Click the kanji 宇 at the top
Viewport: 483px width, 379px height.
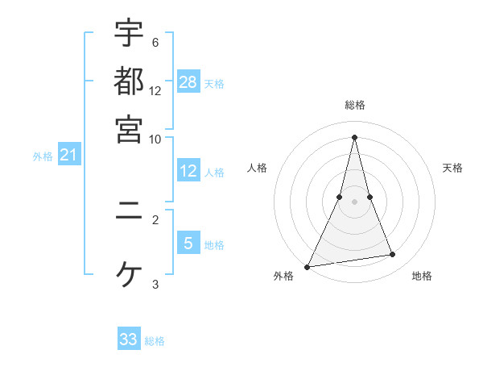[x=129, y=35]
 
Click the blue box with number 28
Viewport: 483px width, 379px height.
[x=188, y=81]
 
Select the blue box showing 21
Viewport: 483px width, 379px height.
[x=68, y=154]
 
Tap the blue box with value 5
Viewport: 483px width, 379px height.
[x=188, y=243]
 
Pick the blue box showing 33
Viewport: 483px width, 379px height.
[x=129, y=339]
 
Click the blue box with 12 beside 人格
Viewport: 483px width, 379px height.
[x=188, y=171]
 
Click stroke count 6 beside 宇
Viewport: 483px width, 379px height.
[x=155, y=43]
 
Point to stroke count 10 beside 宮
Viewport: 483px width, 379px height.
[x=155, y=138]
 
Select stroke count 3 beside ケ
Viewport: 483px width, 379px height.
[x=155, y=284]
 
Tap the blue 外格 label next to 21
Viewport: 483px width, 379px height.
[x=42, y=156]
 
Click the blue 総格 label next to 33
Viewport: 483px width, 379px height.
[x=155, y=342]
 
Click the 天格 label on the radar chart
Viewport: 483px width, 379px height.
[x=453, y=168]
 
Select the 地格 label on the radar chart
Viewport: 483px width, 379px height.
[x=422, y=276]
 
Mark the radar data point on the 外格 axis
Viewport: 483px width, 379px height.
[x=308, y=267]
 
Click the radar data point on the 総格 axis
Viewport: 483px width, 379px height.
[x=354, y=136]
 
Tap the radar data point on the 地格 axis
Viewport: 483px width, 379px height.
[x=393, y=255]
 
